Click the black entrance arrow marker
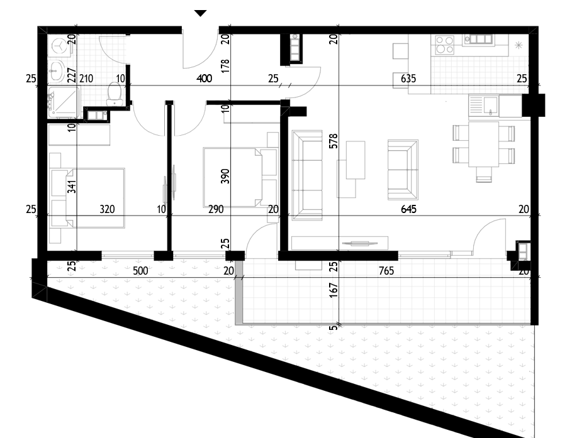pos(200,13)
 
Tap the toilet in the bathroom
pos(114,93)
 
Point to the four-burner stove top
pos(444,45)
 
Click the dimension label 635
pos(408,79)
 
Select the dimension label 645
pos(408,209)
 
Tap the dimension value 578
pos(334,141)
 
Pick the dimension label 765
pos(386,271)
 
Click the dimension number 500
pos(140,271)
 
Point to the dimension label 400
pos(204,79)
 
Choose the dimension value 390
pos(225,176)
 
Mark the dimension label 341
pos(72,186)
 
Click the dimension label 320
pos(107,209)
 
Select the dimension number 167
pos(334,290)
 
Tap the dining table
pos(483,144)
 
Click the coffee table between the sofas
pos(356,160)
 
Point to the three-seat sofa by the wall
pos(307,175)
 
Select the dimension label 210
pos(86,79)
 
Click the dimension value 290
pos(216,209)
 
